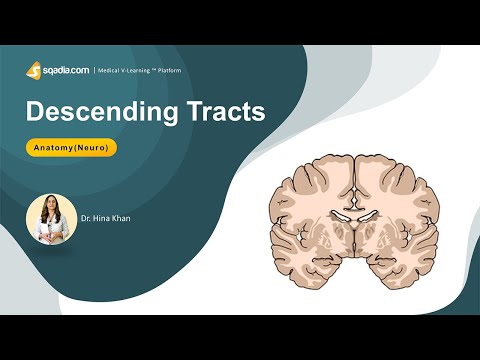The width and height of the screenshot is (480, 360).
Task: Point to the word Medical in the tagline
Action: (x=110, y=70)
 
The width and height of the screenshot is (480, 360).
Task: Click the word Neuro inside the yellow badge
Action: (x=96, y=147)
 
